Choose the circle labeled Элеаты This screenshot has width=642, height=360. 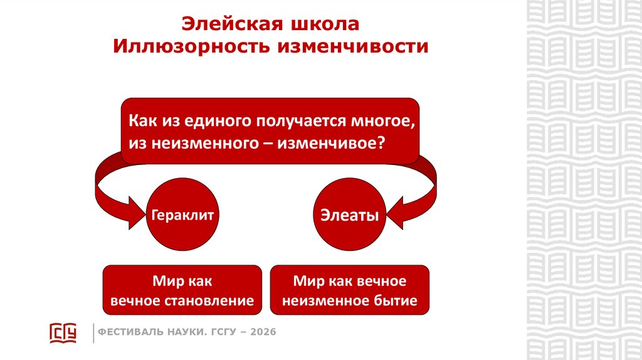349,216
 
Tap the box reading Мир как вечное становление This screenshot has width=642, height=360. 182,290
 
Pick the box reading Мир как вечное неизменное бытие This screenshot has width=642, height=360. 349,290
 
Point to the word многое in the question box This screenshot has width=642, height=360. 387,119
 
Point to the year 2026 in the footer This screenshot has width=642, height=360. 263,332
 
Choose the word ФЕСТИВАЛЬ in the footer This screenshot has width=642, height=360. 127,332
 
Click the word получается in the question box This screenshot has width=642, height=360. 295,119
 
